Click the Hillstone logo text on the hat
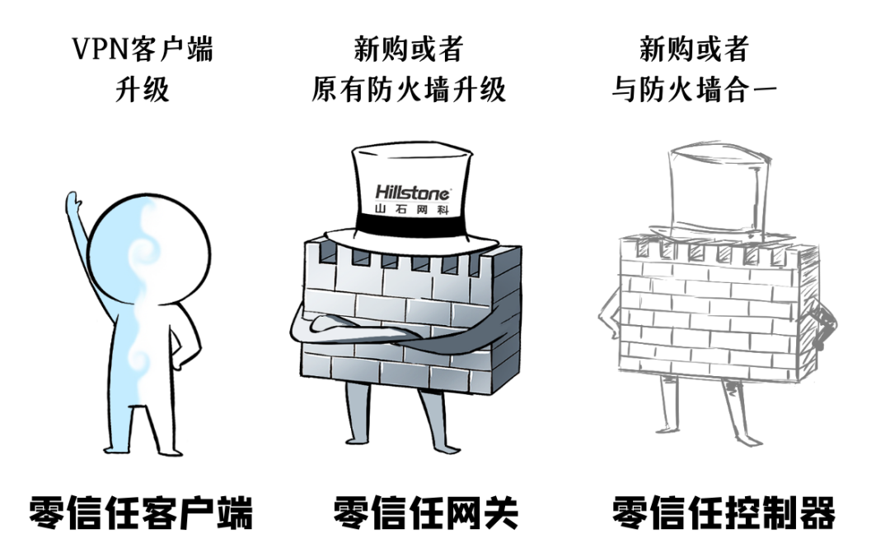(413, 193)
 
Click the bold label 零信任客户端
(141, 512)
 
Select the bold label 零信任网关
(426, 512)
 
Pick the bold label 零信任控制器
(723, 512)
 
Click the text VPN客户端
(142, 49)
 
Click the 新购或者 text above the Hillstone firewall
(409, 49)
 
